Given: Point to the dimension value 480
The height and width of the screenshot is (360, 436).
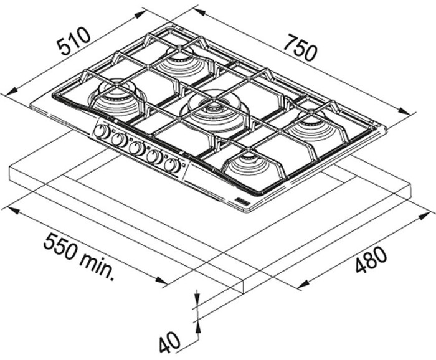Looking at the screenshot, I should (371, 260).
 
